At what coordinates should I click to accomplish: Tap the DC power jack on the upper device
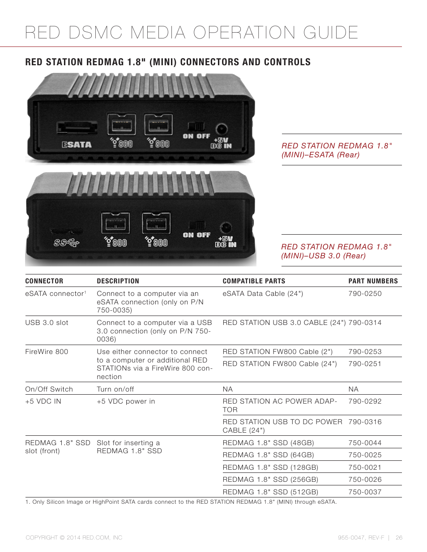point(221,130)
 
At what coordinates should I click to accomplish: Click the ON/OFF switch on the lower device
point(196,225)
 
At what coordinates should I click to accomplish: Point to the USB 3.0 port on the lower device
point(66,232)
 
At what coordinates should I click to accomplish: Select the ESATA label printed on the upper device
point(77,144)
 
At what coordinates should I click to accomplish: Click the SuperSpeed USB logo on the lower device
point(66,243)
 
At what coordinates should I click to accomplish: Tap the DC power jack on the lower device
point(226,228)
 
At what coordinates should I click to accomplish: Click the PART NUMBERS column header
point(373,281)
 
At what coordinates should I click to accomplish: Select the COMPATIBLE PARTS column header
point(254,281)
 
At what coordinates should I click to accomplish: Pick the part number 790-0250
point(365,294)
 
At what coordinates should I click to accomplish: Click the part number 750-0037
point(365,492)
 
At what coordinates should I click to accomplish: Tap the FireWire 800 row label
point(47,352)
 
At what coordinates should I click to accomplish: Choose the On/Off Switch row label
point(49,389)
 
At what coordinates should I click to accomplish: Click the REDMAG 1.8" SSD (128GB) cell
point(270,467)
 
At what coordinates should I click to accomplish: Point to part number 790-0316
point(365,422)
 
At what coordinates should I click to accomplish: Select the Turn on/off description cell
point(115,389)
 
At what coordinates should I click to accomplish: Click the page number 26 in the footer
point(399,538)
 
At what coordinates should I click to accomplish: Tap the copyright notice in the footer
point(74,538)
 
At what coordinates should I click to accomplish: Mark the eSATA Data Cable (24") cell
point(263,294)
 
